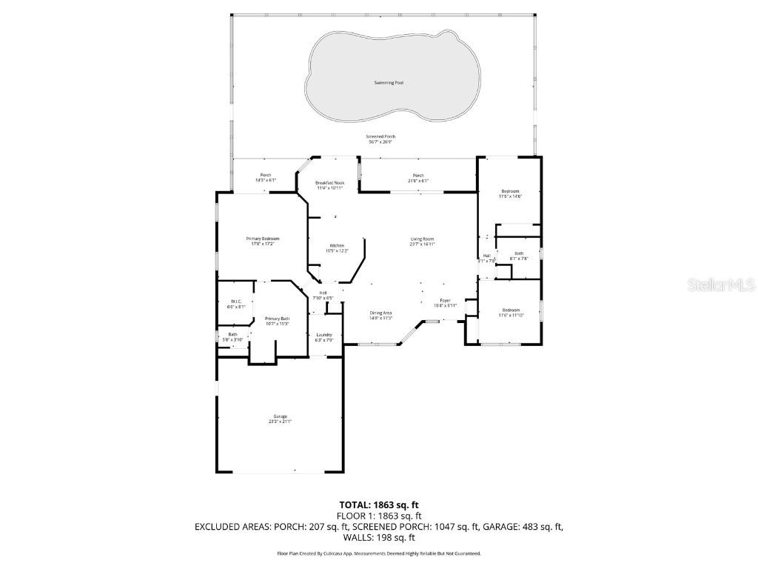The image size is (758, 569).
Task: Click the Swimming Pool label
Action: point(389,82)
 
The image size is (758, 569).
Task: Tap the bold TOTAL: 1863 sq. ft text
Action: point(379,505)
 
